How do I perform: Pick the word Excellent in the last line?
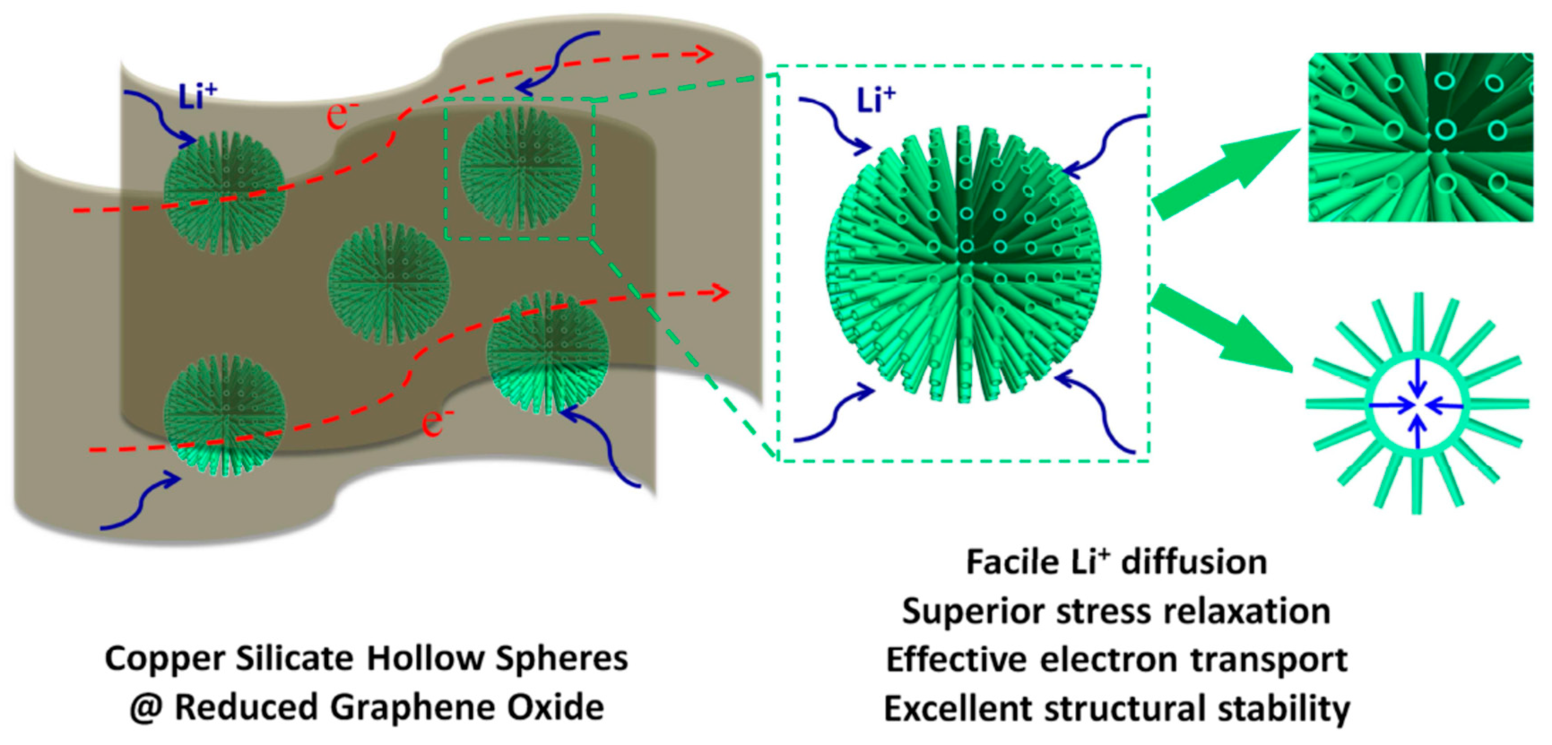[958, 708]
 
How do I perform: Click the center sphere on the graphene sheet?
[389, 283]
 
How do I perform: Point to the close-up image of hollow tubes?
[1421, 137]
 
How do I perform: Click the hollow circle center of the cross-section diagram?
[1418, 405]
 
